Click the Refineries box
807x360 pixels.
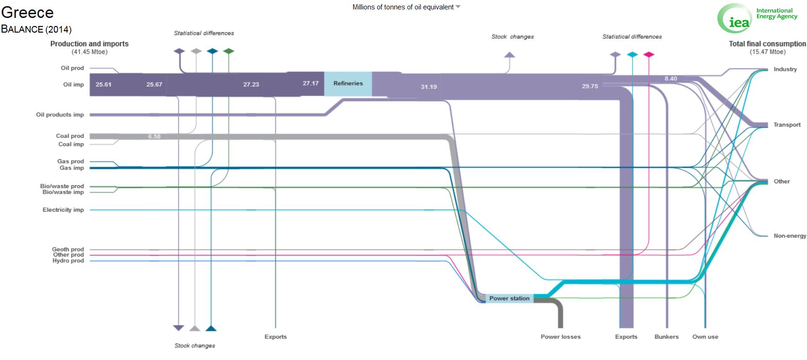(348, 84)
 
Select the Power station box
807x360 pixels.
(510, 299)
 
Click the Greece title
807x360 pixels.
(27, 13)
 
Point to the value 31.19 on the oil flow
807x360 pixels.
(429, 87)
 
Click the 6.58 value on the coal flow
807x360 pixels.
(154, 137)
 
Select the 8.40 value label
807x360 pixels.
(671, 78)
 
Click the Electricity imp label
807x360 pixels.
(63, 210)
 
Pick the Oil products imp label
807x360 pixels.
(60, 115)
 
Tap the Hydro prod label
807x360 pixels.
(68, 260)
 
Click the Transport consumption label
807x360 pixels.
(787, 125)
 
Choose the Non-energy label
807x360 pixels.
(790, 236)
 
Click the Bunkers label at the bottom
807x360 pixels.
(666, 336)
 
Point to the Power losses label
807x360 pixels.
(561, 336)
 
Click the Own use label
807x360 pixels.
(705, 336)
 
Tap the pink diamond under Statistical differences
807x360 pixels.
(649, 54)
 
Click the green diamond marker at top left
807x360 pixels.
(229, 51)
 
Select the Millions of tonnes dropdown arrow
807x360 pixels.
(458, 7)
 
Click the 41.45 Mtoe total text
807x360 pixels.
(89, 52)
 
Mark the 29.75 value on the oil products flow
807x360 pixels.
(590, 86)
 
